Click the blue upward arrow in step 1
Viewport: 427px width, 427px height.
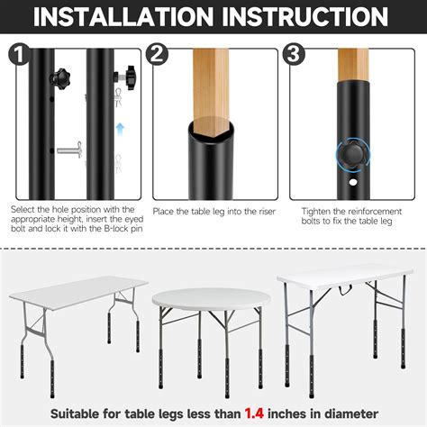pos(121,129)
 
